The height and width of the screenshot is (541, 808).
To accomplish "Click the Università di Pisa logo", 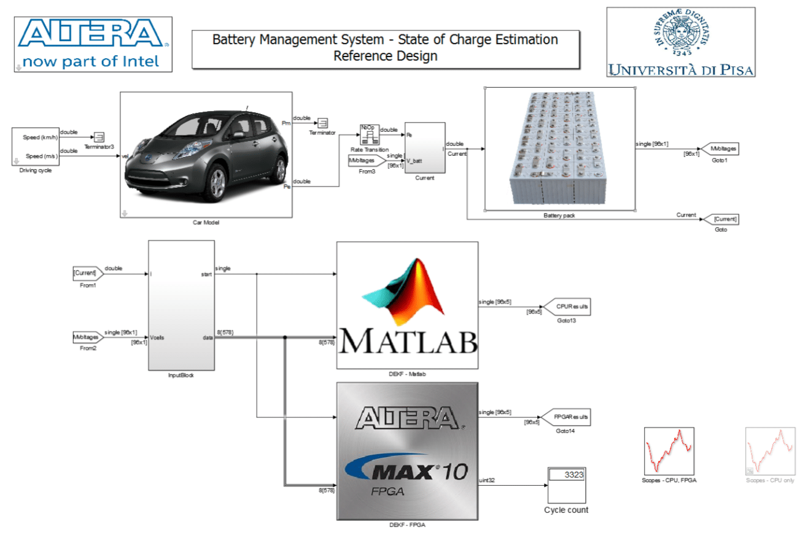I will click(x=680, y=42).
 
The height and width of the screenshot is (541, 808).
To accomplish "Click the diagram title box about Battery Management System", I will click(x=386, y=48).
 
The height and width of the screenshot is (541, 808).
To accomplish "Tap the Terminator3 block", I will click(x=99, y=136).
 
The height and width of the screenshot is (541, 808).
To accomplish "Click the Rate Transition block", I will click(x=367, y=134).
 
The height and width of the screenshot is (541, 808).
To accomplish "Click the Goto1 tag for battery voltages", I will click(x=720, y=149).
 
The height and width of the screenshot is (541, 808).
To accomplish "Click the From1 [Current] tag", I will click(x=85, y=272).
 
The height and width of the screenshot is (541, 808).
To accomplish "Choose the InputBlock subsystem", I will click(x=181, y=305).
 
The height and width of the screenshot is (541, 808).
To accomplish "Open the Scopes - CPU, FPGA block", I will click(x=669, y=450).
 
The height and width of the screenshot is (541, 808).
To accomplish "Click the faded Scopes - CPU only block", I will click(x=770, y=450).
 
